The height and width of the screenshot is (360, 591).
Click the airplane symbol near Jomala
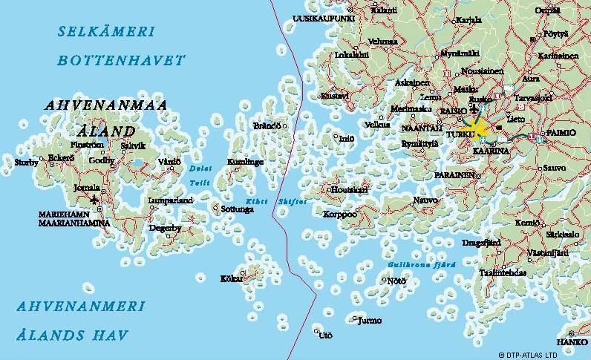(x=94, y=200)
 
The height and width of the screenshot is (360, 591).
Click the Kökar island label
(x=232, y=278)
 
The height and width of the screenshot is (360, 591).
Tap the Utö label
(x=325, y=336)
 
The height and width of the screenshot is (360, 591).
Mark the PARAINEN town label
(x=454, y=174)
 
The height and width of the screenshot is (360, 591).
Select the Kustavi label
(x=334, y=96)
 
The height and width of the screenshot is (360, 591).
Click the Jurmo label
(x=369, y=321)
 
